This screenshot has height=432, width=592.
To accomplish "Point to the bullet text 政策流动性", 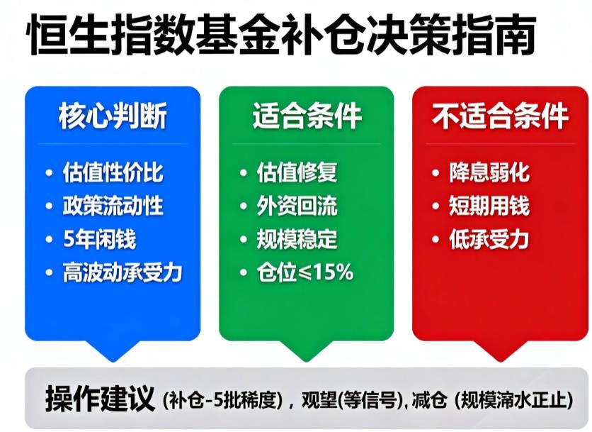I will [113, 206].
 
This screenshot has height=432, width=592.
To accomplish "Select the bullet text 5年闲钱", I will [100, 239].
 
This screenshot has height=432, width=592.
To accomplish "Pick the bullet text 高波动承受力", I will [121, 272].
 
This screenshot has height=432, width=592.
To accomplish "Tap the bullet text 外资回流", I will [297, 206].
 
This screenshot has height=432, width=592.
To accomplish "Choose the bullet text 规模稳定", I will [297, 239].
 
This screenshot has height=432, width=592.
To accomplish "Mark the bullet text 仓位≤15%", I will [305, 272].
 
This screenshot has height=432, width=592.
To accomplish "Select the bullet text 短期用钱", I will [489, 206].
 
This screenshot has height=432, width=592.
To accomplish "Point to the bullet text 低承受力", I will [489, 239].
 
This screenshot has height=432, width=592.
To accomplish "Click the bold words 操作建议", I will [100, 398].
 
